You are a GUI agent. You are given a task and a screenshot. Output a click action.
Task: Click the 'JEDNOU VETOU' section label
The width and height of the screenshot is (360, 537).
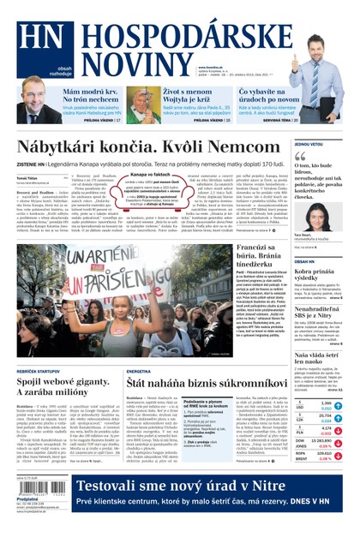[x=309, y=145]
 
